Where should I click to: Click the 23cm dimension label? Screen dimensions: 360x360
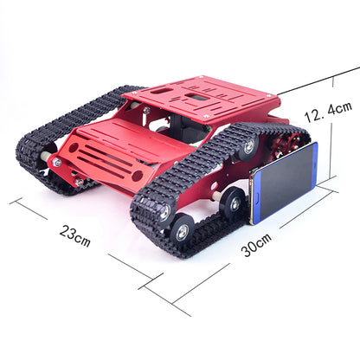click(x=75, y=233)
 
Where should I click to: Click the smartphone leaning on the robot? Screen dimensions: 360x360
click(x=285, y=183)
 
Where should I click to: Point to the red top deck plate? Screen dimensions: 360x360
click(x=208, y=99)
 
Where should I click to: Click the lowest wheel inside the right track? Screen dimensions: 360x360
click(x=181, y=230)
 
